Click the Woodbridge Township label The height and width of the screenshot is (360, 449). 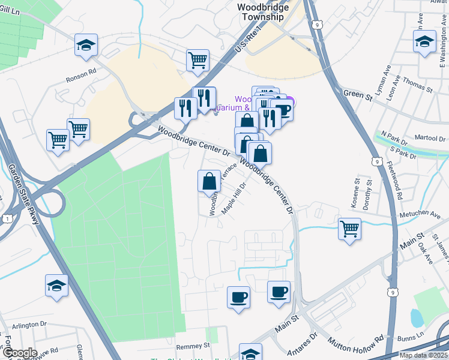click(263, 12)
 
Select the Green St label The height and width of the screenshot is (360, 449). click(354, 93)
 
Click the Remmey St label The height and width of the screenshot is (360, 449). click(193, 346)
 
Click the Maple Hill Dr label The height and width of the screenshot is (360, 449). click(234, 198)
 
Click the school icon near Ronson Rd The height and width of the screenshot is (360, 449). click(86, 45)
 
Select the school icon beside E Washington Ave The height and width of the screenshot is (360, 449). click(424, 42)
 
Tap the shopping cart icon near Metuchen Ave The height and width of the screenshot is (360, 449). click(349, 228)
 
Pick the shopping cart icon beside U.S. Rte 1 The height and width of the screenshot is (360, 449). click(197, 60)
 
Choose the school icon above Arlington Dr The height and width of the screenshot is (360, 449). click(56, 286)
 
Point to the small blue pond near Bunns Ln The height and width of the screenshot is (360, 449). click(415, 317)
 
